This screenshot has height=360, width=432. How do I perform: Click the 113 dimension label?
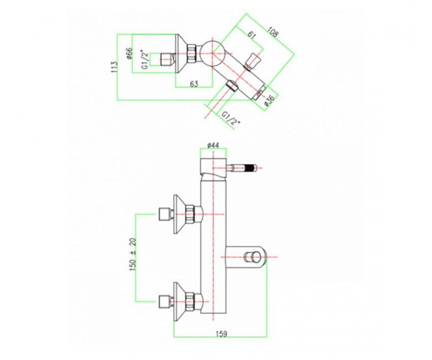114,66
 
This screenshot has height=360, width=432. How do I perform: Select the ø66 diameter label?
130,55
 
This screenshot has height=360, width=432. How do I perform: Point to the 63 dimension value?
194,84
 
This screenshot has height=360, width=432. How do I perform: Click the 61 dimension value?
252,35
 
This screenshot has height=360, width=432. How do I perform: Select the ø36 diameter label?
269,100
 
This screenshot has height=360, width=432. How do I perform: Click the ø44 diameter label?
213,145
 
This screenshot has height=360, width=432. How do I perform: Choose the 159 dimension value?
220,334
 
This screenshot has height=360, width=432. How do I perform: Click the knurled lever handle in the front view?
248,166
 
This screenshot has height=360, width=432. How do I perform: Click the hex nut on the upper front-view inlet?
192,213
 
